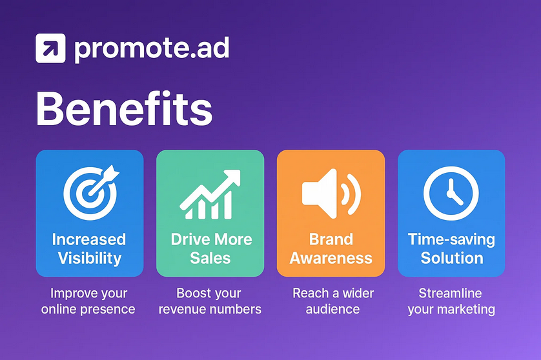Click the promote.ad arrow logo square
[x=50, y=48]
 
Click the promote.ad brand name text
[x=152, y=49]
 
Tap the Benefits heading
[x=124, y=108]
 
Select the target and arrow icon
[x=91, y=192]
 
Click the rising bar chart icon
[x=210, y=194]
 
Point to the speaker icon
[x=331, y=194]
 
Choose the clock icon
[x=451, y=193]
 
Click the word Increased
[x=89, y=239]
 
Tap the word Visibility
[x=90, y=258]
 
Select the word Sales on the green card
[x=210, y=258]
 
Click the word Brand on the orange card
[x=331, y=239]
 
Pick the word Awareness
[x=331, y=258]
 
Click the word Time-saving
[x=451, y=239]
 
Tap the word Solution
[x=452, y=258]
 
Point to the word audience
[x=332, y=309]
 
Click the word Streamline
[x=450, y=293]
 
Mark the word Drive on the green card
[x=189, y=239]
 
